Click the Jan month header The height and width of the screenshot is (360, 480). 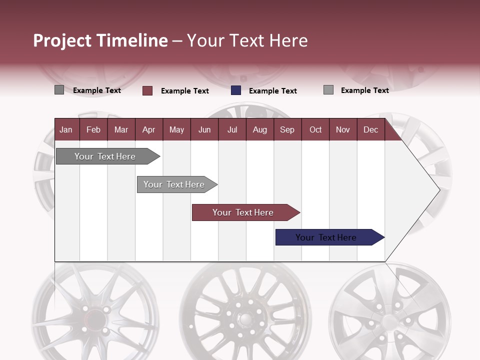tap(66, 129)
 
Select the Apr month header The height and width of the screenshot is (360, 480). tap(148, 129)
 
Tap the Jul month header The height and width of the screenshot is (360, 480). tap(232, 129)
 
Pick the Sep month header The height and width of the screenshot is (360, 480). tap(287, 129)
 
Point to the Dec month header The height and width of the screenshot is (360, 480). tap(370, 129)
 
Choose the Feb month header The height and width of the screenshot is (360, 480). tap(93, 129)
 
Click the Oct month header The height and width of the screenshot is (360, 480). tap(315, 129)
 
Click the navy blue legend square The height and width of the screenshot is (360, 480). tap(236, 90)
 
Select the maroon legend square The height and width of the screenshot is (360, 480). tap(147, 90)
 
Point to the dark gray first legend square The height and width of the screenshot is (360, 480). tap(59, 90)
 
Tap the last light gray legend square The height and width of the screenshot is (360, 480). tap(328, 90)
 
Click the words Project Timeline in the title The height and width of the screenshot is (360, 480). tap(100, 40)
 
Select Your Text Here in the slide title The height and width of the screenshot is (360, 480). tap(247, 40)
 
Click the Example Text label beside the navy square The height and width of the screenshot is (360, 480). tap(272, 91)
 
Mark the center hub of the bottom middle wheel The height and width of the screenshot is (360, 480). tap(245, 319)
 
